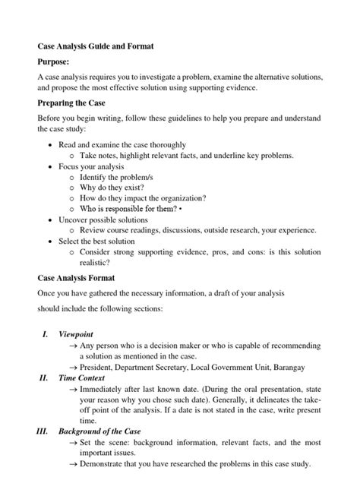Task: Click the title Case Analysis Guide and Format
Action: (95, 46)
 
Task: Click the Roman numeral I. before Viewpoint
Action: (45, 333)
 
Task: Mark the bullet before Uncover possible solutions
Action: (50, 219)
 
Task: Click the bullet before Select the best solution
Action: (50, 241)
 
